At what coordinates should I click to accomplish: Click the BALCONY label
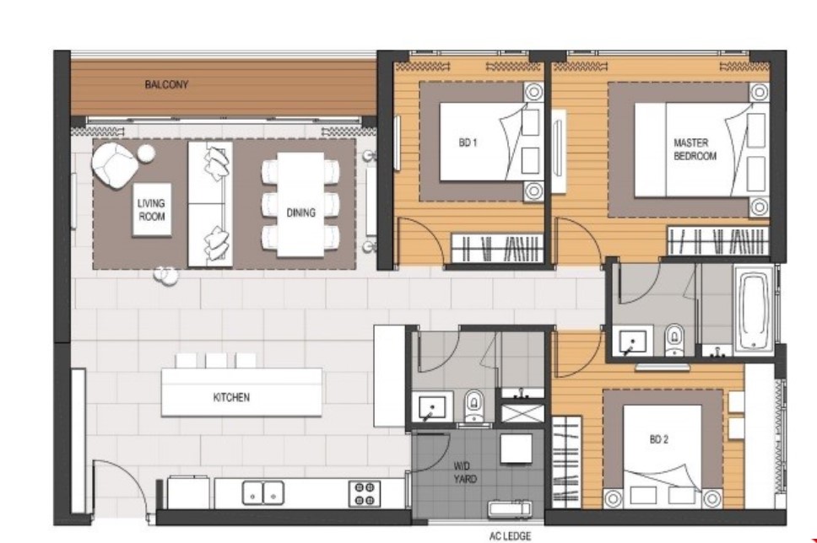(x=166, y=84)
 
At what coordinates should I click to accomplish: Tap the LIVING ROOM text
(x=152, y=209)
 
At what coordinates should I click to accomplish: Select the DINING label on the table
(x=300, y=212)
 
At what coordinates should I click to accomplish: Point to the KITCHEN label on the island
(x=231, y=397)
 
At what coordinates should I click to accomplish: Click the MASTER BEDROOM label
(x=695, y=149)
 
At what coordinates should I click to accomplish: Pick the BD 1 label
(x=468, y=142)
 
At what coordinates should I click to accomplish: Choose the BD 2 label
(x=658, y=439)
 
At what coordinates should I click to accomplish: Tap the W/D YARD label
(x=464, y=472)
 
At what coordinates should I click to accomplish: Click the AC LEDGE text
(x=510, y=535)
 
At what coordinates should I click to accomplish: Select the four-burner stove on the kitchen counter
(x=365, y=493)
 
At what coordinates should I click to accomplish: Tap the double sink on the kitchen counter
(x=263, y=492)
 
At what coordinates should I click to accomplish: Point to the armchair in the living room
(x=115, y=165)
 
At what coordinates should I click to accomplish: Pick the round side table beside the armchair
(x=146, y=153)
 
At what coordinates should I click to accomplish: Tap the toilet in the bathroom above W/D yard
(x=473, y=405)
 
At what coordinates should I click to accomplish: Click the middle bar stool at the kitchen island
(x=216, y=361)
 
